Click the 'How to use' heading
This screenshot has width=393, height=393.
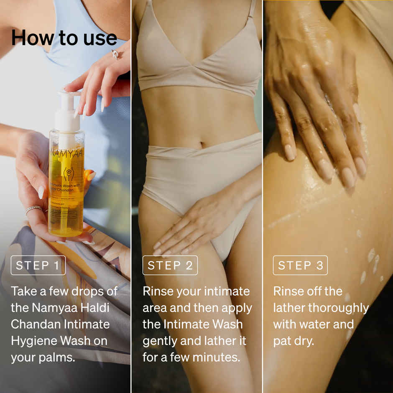(64, 38)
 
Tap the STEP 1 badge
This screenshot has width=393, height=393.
(38, 265)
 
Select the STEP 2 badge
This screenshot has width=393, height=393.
(170, 265)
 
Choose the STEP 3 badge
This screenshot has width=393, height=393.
(300, 265)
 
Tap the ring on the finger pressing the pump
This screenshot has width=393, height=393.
(115, 54)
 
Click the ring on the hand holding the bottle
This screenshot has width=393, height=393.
(33, 209)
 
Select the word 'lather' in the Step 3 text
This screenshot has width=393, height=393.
(289, 308)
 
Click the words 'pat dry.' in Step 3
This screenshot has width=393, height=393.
(293, 341)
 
